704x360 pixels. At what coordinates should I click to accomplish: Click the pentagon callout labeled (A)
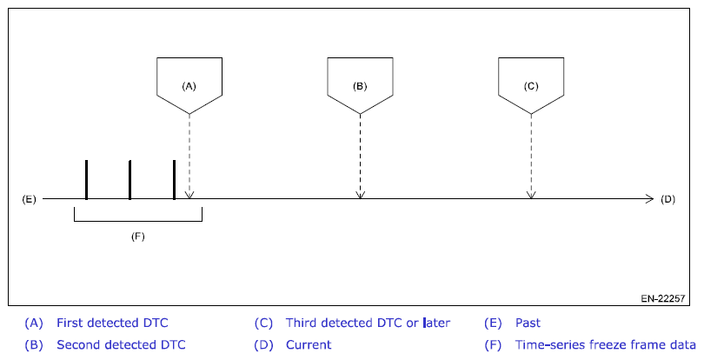tap(189, 84)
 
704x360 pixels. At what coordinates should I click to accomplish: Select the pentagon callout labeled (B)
tap(360, 84)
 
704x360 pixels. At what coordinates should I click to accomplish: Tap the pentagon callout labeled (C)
tap(531, 84)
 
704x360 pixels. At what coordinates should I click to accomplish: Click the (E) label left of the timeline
tap(29, 199)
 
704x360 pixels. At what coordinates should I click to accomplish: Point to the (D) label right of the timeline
tap(667, 199)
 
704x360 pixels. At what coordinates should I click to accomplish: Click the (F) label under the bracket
tap(137, 236)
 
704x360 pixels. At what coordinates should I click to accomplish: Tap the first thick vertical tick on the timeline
tap(87, 179)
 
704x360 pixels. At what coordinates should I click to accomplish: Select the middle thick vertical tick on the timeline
tap(130, 179)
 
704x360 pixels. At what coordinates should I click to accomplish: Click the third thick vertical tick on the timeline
tap(174, 179)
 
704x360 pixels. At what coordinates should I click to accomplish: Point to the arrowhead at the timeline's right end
tap(648, 199)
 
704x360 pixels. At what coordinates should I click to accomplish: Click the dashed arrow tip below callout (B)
tap(360, 195)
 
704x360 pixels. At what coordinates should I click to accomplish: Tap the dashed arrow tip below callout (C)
tap(531, 195)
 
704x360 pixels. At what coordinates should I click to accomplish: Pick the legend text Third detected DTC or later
tap(368, 323)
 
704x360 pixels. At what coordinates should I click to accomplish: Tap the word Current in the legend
tap(309, 344)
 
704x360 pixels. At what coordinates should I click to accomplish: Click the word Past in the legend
tap(528, 323)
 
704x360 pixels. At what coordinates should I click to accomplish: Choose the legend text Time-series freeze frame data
tap(606, 344)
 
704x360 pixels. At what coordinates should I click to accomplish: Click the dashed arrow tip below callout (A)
tap(189, 195)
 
